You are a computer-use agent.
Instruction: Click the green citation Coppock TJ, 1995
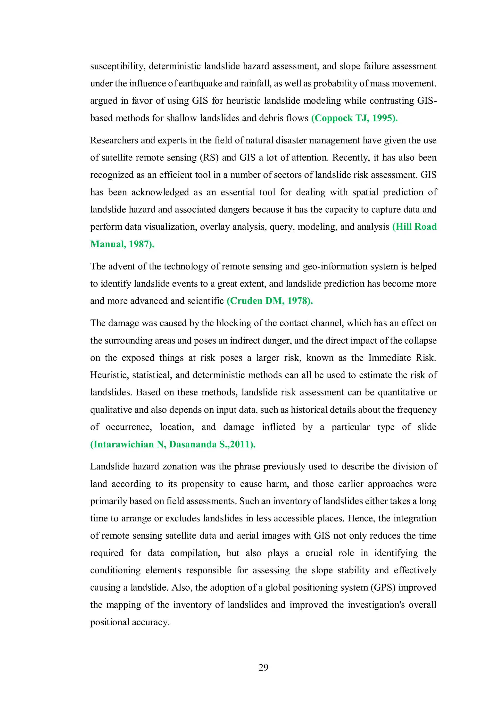pyautogui.click(x=354, y=118)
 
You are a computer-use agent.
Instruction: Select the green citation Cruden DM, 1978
pyautogui.click(x=269, y=301)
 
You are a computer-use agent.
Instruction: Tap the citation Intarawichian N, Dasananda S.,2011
pyautogui.click(x=173, y=444)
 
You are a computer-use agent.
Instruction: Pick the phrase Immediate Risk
pyautogui.click(x=402, y=358)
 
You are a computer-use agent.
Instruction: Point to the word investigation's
pyautogui.click(x=376, y=605)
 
